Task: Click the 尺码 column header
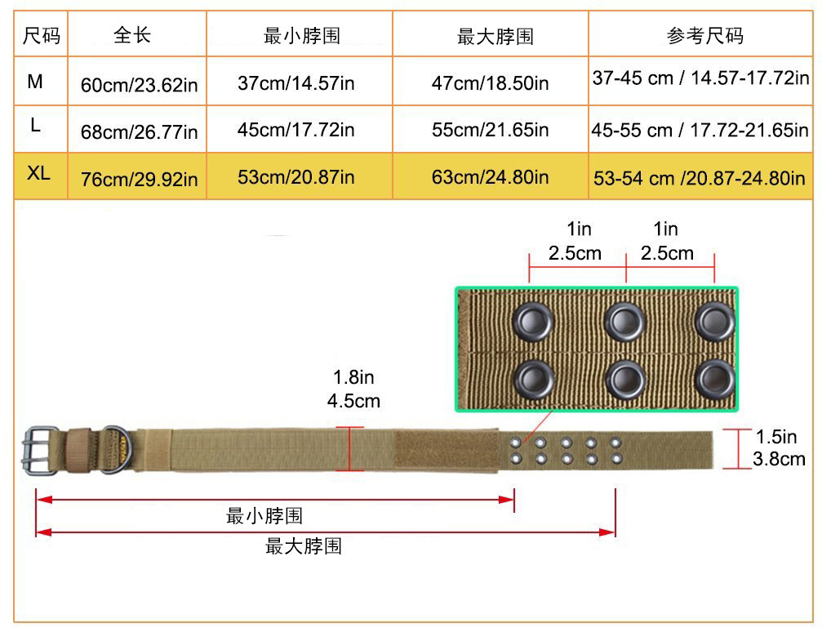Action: [42, 35]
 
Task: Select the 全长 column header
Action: [132, 35]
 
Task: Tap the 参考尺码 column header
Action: [704, 35]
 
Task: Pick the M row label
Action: [36, 81]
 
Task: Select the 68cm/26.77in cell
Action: [139, 131]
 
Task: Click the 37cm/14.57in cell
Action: [296, 82]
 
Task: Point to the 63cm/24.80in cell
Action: [490, 177]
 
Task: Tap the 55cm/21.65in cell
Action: [490, 131]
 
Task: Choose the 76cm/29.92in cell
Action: [139, 179]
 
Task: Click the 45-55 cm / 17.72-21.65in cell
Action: [700, 131]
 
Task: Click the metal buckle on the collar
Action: [41, 451]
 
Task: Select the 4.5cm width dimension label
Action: [353, 401]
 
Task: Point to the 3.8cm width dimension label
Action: [780, 460]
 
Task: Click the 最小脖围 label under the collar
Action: [264, 516]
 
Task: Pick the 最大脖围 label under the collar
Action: [304, 547]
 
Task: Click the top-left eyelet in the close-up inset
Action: [533, 321]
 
